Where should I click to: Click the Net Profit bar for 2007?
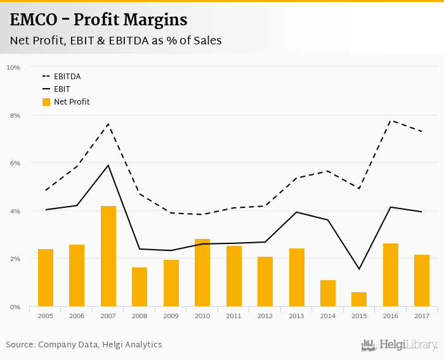pyautogui.click(x=108, y=256)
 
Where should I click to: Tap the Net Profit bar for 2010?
pyautogui.click(x=202, y=273)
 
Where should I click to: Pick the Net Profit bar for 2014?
pyautogui.click(x=328, y=293)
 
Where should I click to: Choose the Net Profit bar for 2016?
pyautogui.click(x=390, y=274)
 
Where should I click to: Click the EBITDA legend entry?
pyautogui.click(x=67, y=77)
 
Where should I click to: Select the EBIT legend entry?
pyautogui.click(x=62, y=89)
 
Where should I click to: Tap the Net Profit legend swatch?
pyautogui.click(x=46, y=101)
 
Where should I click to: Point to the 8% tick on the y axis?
pyautogui.click(x=13, y=115)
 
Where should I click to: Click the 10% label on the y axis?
pyautogui.click(x=13, y=67)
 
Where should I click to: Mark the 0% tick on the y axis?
pyautogui.click(x=15, y=307)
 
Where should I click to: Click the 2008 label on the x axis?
pyautogui.click(x=140, y=316)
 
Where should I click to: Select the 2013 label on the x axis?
pyautogui.click(x=296, y=316)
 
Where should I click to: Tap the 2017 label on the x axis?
pyautogui.click(x=422, y=316)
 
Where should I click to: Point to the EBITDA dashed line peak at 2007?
pyautogui.click(x=108, y=124)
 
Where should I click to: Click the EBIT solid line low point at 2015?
pyautogui.click(x=359, y=269)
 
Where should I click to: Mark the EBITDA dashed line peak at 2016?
pyautogui.click(x=391, y=120)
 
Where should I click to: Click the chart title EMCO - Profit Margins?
pyautogui.click(x=99, y=20)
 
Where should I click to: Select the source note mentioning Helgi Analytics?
pyautogui.click(x=84, y=345)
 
